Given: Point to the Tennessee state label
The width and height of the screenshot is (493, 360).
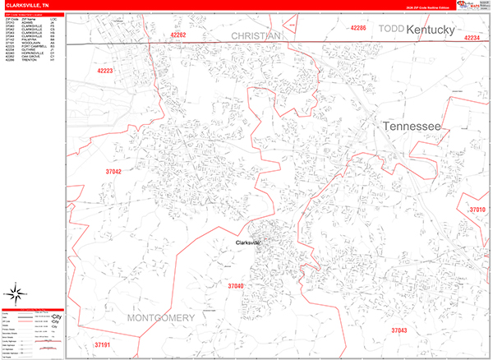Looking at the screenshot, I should [411, 127].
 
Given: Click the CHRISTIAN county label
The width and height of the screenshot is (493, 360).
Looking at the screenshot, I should [256, 36].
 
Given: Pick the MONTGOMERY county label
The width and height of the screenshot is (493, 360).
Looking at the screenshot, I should [161, 317].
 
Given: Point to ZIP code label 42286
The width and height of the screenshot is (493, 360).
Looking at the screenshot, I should [358, 29].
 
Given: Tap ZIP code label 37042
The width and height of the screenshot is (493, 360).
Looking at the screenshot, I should [113, 172].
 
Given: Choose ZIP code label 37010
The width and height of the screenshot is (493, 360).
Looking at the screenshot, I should [477, 210].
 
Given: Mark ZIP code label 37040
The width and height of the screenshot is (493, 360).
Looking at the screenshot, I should [235, 286].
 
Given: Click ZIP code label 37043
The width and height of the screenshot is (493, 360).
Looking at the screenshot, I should [399, 330].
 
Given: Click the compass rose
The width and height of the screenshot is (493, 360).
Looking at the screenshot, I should [16, 292].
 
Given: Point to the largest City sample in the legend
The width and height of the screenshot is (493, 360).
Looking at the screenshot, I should [57, 316].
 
